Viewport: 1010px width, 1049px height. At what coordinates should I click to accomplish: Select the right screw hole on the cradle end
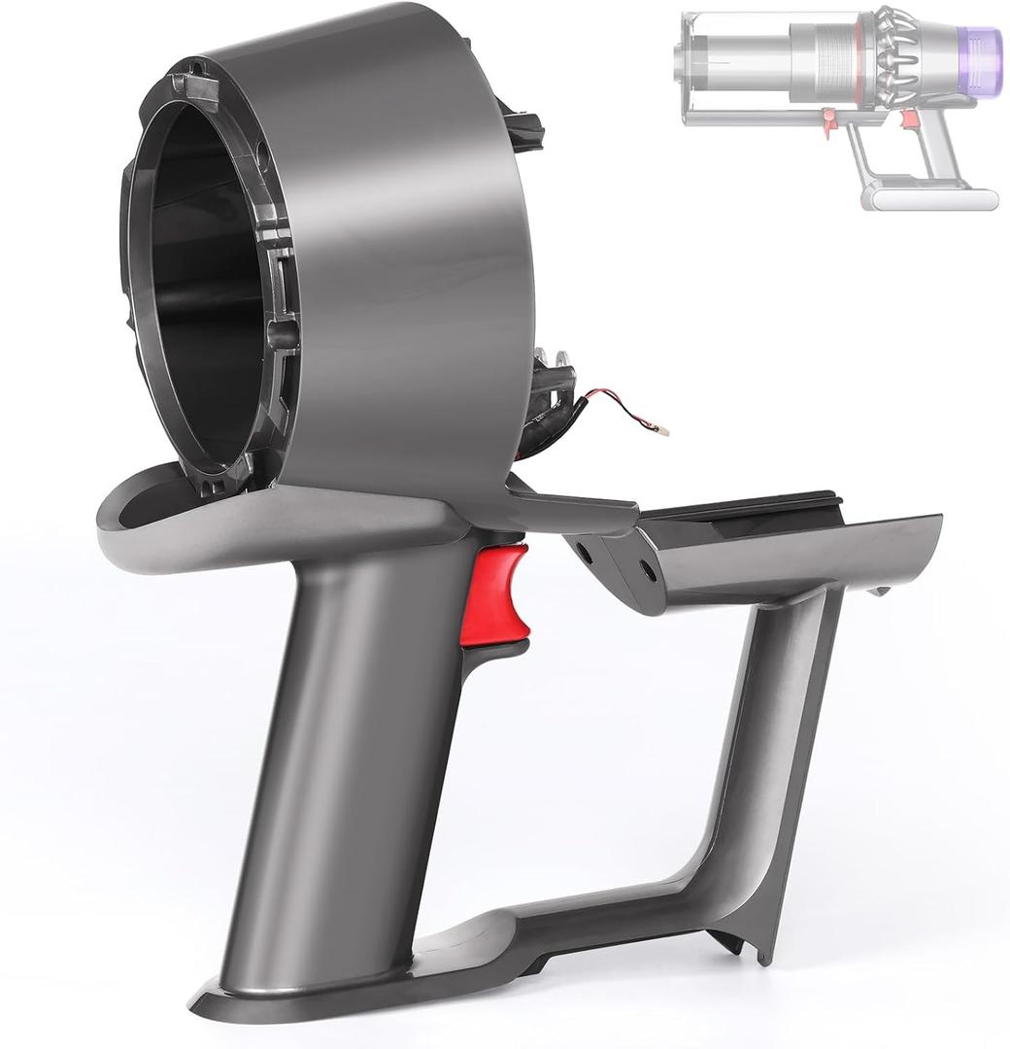point(648,571)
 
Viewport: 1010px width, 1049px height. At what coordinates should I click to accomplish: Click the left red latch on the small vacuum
point(829,121)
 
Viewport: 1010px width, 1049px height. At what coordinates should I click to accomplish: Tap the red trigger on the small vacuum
point(910,119)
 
